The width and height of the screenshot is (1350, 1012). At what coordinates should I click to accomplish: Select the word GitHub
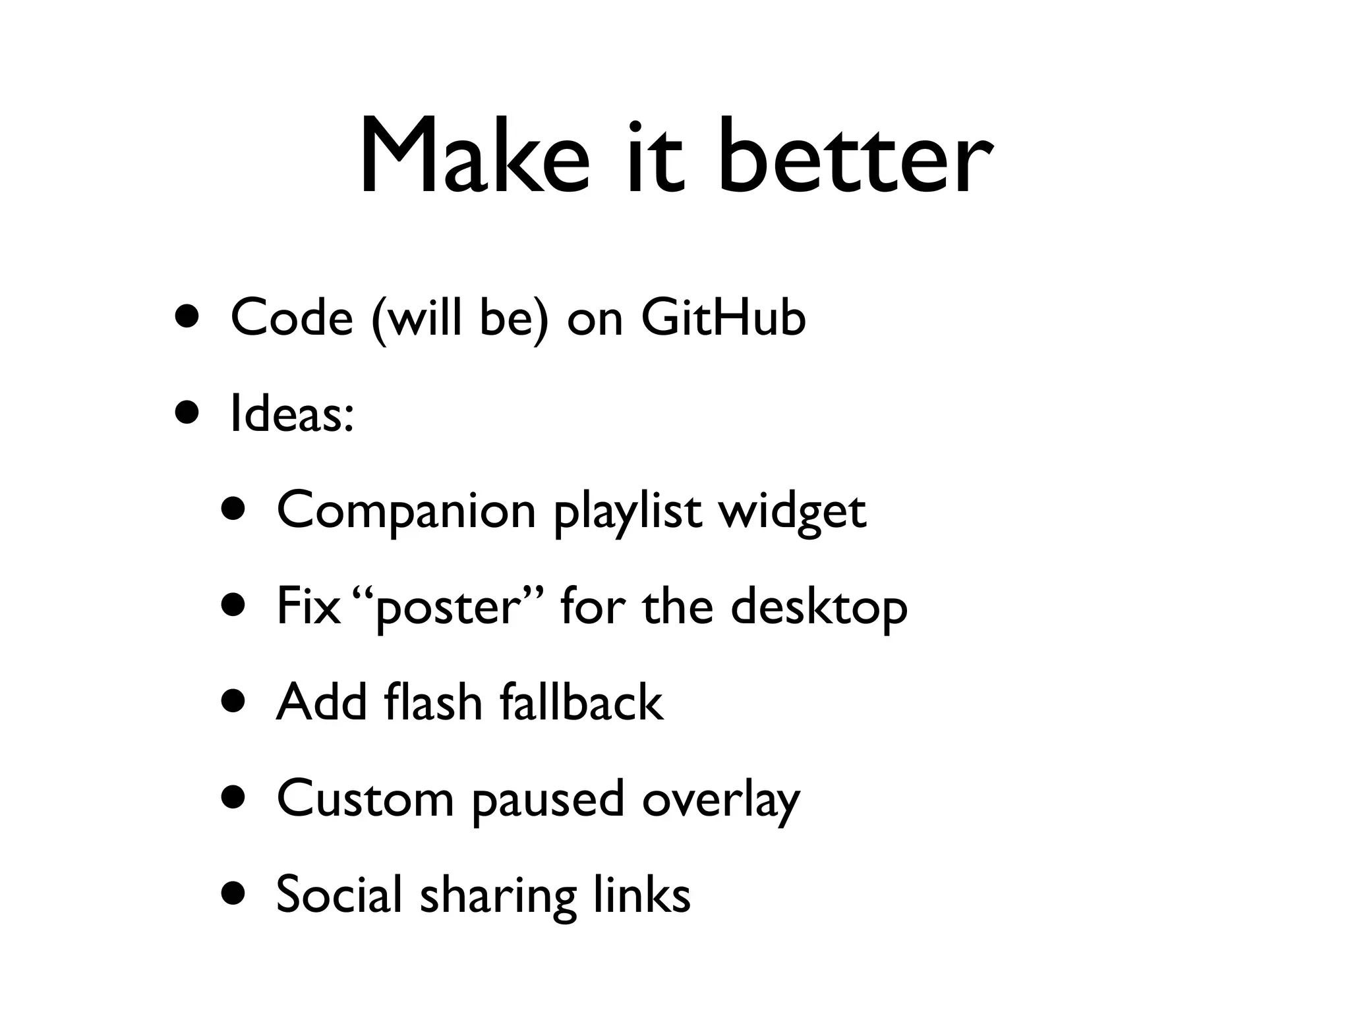point(723,318)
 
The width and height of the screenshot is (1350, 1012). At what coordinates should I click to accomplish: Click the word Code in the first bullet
point(292,318)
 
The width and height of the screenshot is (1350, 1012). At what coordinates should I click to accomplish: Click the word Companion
point(406,510)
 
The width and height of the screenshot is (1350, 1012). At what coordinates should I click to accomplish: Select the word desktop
point(819,607)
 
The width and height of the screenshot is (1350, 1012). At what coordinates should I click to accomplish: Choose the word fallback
point(581,702)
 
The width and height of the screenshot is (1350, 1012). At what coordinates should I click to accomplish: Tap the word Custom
point(365,799)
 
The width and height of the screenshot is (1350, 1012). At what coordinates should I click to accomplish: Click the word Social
point(339,895)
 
